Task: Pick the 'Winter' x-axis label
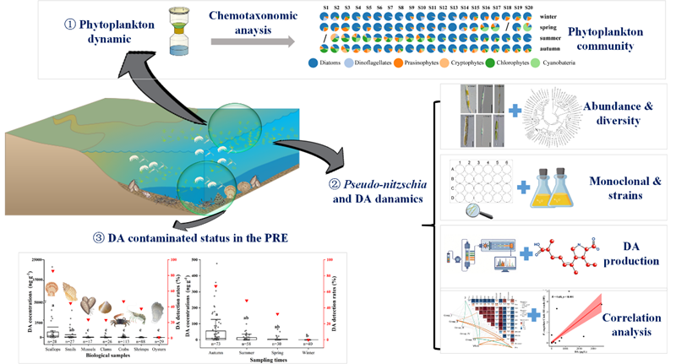click(x=294, y=345)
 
